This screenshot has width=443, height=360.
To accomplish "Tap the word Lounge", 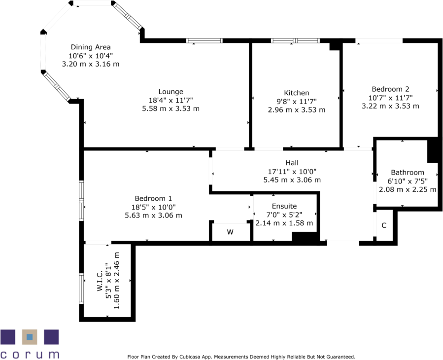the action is tap(170, 91).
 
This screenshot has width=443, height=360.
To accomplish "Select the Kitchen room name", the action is tap(297, 93).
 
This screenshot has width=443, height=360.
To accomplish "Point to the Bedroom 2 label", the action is tap(390, 89).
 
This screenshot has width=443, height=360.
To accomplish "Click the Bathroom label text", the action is tap(408, 172).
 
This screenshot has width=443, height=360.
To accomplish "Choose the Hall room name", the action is tap(292, 163).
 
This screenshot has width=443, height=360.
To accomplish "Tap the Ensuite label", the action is tap(284, 206).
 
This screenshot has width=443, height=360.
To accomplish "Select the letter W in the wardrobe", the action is tap(230, 232).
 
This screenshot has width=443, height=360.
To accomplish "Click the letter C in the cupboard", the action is tap(384, 226).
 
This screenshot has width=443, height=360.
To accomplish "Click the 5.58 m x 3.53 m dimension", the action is tap(170, 108).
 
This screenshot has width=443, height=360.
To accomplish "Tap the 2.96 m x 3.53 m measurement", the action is tap(297, 110).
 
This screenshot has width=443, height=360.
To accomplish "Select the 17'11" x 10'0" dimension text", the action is tap(292, 172).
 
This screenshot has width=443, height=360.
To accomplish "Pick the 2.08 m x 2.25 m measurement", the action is tap(408, 189).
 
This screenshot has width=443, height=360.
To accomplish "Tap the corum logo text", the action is tap(30, 354).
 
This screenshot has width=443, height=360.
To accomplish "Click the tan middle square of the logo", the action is tap(30, 337).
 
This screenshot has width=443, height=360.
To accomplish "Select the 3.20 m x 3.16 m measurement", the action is tap(91, 64).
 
